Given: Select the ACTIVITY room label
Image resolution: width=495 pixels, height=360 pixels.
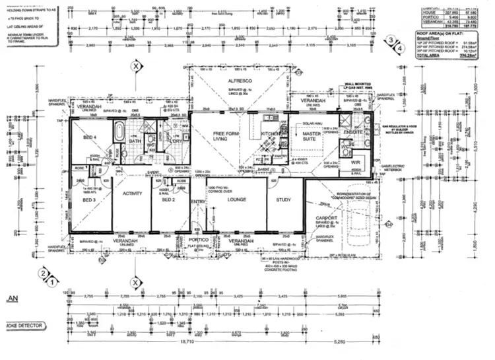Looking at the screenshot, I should [x=133, y=194].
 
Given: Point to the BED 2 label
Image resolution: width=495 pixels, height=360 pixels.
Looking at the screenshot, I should [x=168, y=199].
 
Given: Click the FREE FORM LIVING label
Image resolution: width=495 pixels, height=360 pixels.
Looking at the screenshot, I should [x=220, y=136].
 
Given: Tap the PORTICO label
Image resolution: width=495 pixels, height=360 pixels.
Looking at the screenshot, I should [x=198, y=240].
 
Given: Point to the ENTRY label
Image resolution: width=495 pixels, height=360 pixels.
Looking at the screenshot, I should [x=198, y=202].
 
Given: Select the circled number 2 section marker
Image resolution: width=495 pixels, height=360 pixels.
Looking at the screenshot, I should [x=43, y=272].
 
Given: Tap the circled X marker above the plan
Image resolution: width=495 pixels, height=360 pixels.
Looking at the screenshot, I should [x=136, y=67].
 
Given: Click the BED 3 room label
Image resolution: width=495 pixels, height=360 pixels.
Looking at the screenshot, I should [x=89, y=199].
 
